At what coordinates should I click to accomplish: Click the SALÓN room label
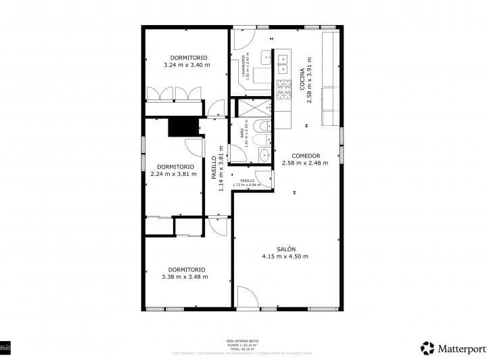[285, 249]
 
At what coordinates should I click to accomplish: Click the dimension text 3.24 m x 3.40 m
[187, 66]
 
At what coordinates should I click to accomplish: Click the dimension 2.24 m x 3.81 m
[174, 173]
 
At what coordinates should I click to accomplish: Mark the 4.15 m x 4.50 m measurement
[285, 256]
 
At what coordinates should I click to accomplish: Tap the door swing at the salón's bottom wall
[247, 298]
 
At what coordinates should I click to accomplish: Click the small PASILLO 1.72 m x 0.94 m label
[246, 182]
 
